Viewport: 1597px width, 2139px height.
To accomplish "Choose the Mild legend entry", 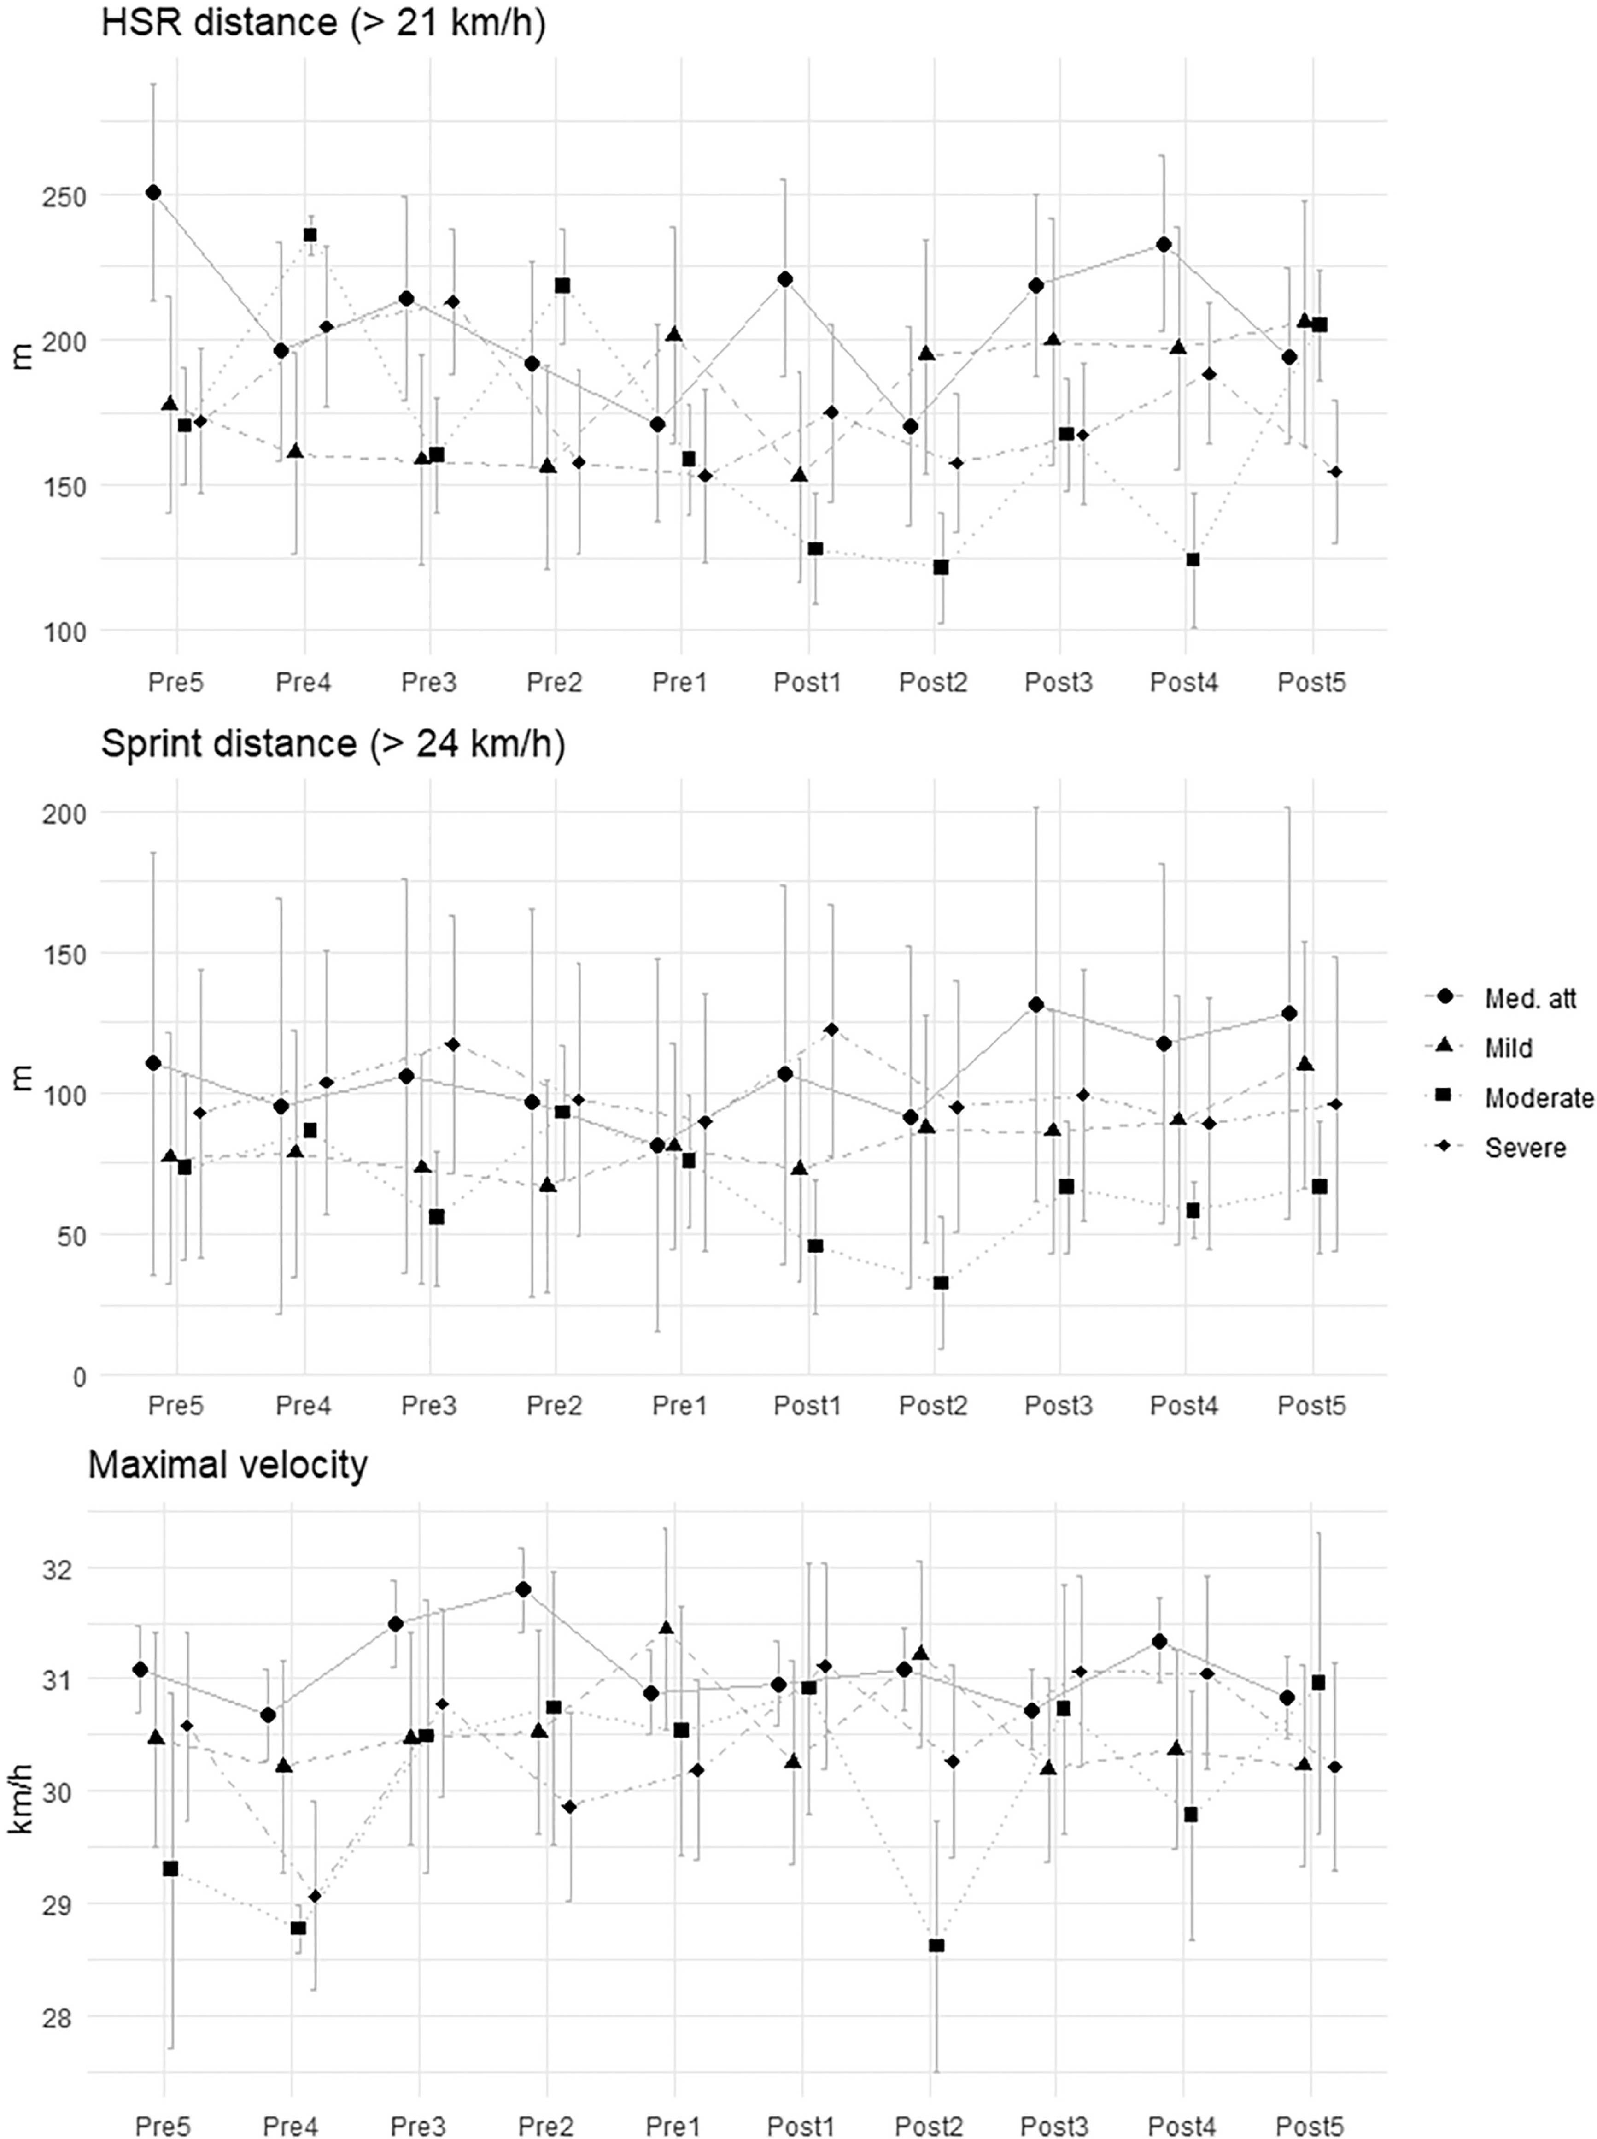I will (x=1508, y=1047).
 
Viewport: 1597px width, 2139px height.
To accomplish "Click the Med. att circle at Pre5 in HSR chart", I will (x=153, y=193).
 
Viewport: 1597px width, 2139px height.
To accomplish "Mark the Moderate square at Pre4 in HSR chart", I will (x=310, y=235).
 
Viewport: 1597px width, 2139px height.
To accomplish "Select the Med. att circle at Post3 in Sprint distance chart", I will (x=1035, y=1005).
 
